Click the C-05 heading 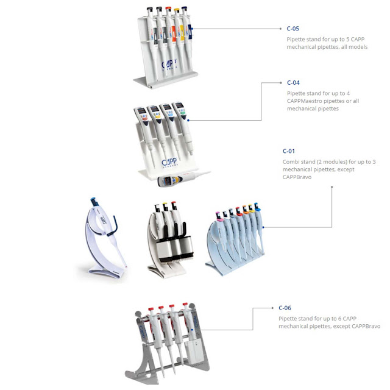[x=293, y=29]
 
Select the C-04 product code [x=293, y=82]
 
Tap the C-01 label [x=289, y=151]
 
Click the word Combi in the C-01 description [x=292, y=161]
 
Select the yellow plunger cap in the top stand [x=178, y=10]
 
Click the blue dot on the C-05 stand [x=191, y=28]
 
